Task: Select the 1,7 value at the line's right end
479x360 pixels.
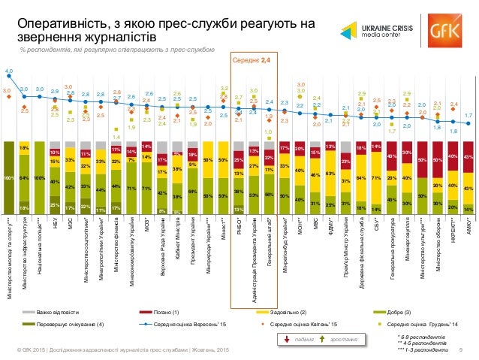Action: tap(468, 115)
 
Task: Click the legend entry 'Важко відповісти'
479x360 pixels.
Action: tap(59, 311)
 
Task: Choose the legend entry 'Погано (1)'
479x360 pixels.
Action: tap(167, 311)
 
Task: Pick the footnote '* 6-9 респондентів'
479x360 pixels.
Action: tap(420, 337)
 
